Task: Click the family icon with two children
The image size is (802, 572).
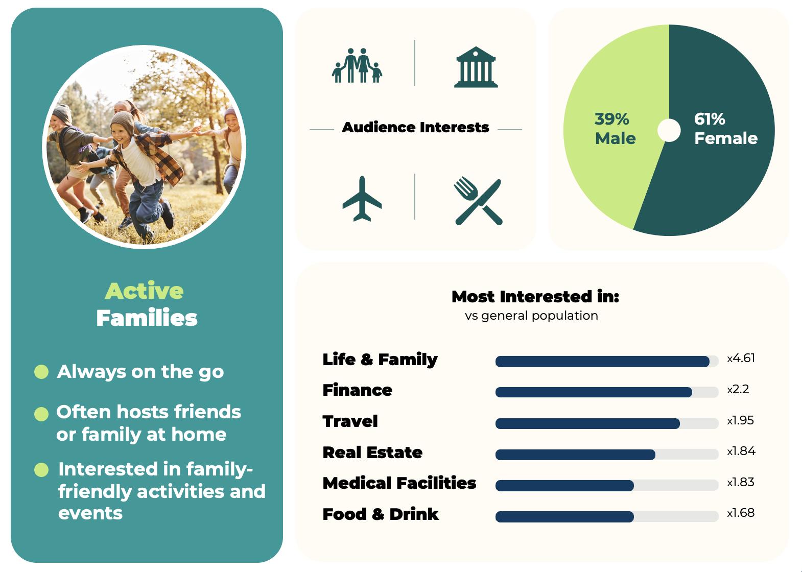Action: pos(357,65)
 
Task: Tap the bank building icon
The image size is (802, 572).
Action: pos(476,67)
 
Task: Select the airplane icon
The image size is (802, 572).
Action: pos(362,199)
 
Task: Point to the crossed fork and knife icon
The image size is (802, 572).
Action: pos(478,201)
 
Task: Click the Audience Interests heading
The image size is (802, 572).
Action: pos(415,128)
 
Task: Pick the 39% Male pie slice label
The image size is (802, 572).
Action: pos(615,129)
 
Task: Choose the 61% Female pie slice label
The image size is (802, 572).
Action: pos(726,129)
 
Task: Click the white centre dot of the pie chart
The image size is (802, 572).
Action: pos(669,130)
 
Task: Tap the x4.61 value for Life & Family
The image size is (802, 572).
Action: pos(741,359)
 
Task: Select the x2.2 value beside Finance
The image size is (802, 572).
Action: pos(738,390)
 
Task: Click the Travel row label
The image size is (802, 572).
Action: pos(350,421)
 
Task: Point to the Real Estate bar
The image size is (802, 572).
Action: pos(575,455)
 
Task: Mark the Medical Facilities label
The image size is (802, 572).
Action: pos(399,483)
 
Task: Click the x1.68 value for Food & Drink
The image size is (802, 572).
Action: pos(741,513)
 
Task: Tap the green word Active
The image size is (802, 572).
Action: pos(144,291)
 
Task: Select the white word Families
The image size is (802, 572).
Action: pos(147,318)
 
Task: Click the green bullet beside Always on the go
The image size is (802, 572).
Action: pos(41,372)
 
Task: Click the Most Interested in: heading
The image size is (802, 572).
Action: pos(535,297)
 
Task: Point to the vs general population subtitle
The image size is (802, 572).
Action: pos(531,316)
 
